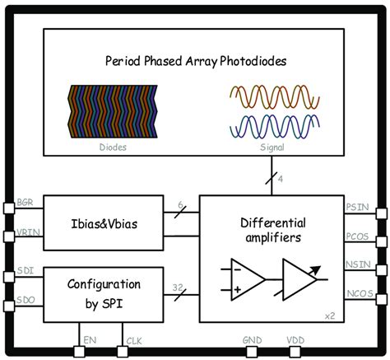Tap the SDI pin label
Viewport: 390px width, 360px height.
click(x=26, y=270)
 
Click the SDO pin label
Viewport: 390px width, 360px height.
click(x=26, y=302)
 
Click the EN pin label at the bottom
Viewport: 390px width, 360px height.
click(x=91, y=337)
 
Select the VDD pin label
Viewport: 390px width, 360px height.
click(x=296, y=337)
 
